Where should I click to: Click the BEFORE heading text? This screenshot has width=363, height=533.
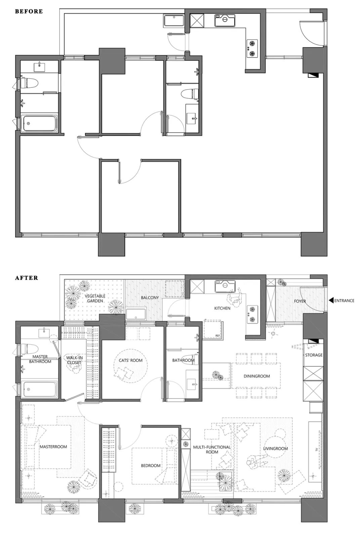point(29,11)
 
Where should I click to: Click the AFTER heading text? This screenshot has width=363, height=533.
point(27,278)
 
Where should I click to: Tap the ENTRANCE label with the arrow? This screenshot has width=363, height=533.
point(344,300)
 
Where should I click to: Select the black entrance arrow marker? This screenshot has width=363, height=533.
point(331,300)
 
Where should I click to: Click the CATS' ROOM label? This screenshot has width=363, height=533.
point(130,360)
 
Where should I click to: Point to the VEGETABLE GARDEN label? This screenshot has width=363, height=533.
point(95,298)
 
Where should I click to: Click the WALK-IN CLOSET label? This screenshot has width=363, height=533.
point(74,360)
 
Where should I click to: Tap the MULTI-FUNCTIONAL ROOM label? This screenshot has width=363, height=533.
point(212,450)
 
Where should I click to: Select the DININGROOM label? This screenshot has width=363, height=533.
point(257,376)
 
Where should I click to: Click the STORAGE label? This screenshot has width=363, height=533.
point(314,355)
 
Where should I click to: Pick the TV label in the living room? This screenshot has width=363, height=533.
point(316,450)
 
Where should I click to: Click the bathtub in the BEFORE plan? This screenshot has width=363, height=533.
point(39,123)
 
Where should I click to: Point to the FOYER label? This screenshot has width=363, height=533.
point(300,301)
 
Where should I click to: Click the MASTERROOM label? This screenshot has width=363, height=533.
point(53,447)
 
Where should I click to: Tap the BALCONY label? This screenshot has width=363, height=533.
point(150,298)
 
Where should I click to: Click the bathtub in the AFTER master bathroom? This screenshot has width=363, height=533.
point(39,389)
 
